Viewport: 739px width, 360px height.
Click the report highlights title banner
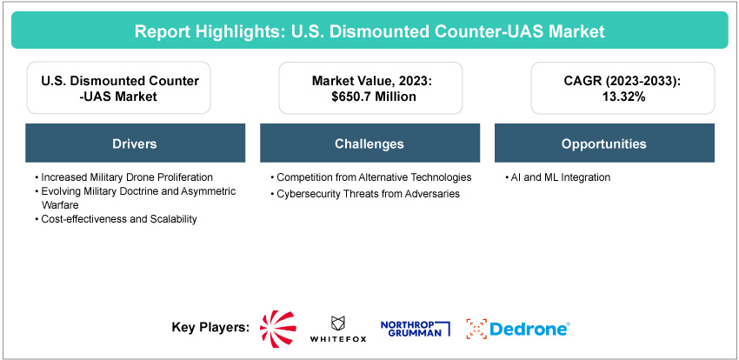369,31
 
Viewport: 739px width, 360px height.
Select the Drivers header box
135,143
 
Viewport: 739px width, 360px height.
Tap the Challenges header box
369,143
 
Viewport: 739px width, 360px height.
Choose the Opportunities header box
604,143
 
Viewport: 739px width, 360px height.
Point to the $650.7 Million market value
370,97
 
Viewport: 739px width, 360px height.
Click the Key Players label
210,328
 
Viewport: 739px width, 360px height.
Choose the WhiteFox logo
338,328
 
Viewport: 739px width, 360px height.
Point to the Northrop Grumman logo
416,327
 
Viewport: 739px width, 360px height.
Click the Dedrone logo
518,328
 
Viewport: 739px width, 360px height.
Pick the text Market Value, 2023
370,81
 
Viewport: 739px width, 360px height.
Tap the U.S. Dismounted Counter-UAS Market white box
119,89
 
